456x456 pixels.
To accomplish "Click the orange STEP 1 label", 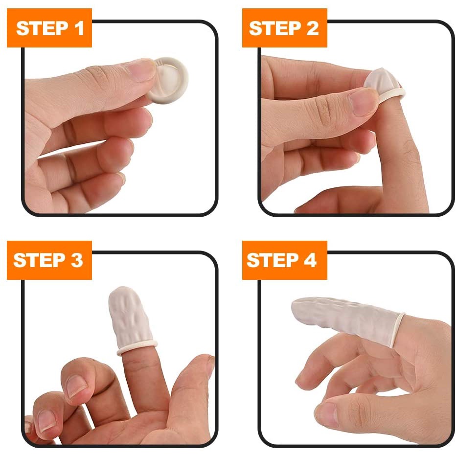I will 49,28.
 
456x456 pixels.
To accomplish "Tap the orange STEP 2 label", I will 284,28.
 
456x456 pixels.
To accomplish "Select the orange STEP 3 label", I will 49,260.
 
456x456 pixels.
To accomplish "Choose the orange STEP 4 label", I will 284,260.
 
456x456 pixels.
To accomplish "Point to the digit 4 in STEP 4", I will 310,260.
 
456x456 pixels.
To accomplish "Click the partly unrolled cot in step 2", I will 384,83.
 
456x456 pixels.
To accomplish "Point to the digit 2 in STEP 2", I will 311,28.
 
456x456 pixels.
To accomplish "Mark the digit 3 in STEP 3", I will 76,260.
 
